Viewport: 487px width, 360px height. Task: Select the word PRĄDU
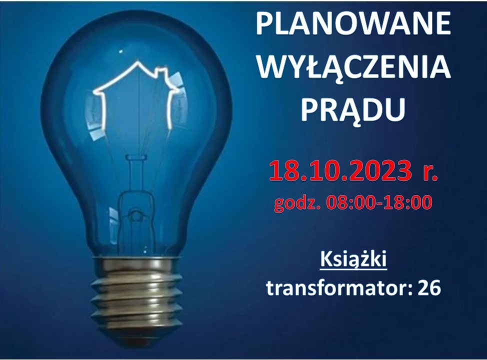pos(353,109)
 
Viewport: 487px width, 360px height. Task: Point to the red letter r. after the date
pos(430,172)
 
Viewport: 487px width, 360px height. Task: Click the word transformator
pos(339,287)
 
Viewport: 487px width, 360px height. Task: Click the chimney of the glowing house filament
pos(162,72)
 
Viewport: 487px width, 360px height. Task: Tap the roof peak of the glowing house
pos(137,62)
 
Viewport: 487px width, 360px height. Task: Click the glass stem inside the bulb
pos(135,186)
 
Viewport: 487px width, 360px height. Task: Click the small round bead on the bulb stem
pos(135,213)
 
